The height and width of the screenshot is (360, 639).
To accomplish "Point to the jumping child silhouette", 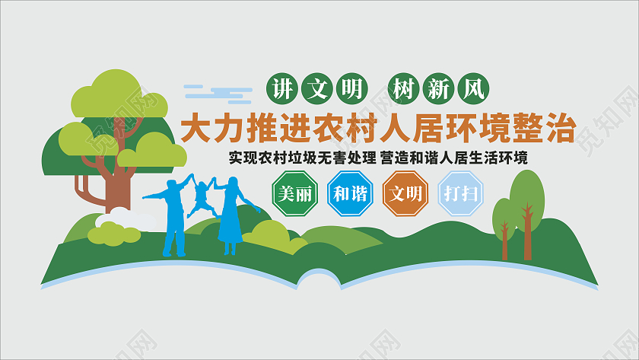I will (x=201, y=196).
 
